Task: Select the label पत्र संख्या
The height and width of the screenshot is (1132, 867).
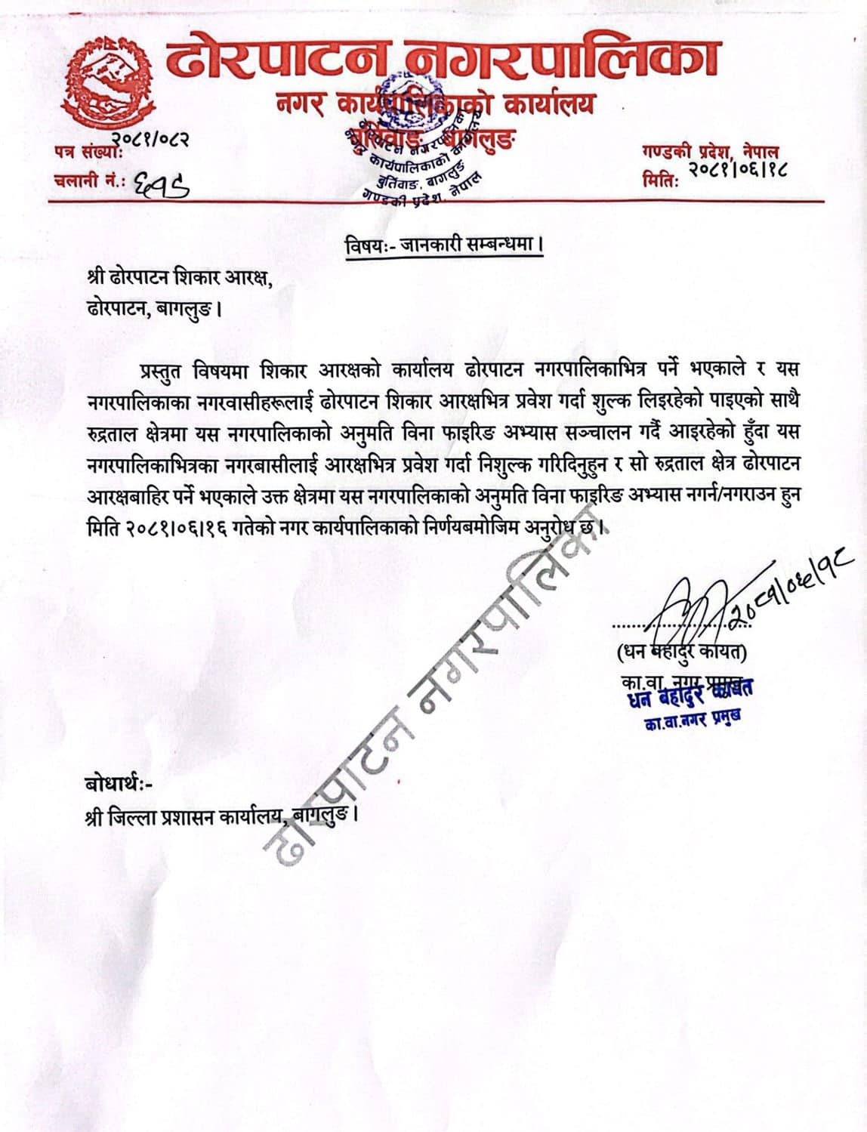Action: (82, 150)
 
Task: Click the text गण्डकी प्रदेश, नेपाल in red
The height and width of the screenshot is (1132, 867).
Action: (709, 152)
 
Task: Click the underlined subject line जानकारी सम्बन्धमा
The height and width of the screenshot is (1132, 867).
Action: (444, 245)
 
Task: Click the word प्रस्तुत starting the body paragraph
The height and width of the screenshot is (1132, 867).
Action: (160, 370)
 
